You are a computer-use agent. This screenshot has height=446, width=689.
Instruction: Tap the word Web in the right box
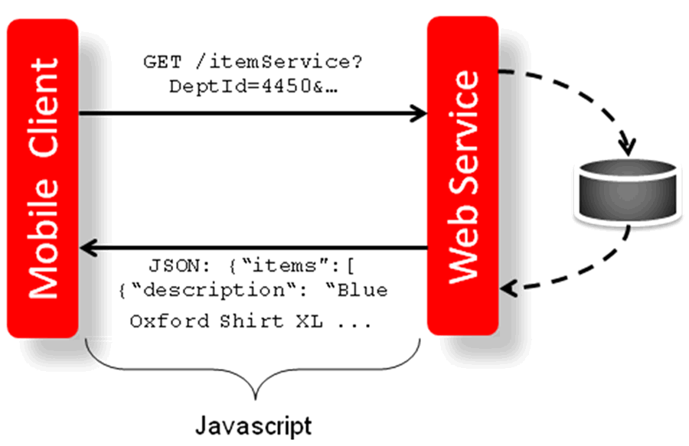click(464, 249)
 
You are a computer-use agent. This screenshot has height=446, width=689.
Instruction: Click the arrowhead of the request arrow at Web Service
click(420, 115)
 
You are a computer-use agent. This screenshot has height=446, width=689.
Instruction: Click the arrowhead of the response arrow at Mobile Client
click(87, 248)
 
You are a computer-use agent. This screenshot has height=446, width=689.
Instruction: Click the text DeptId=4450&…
click(253, 86)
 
